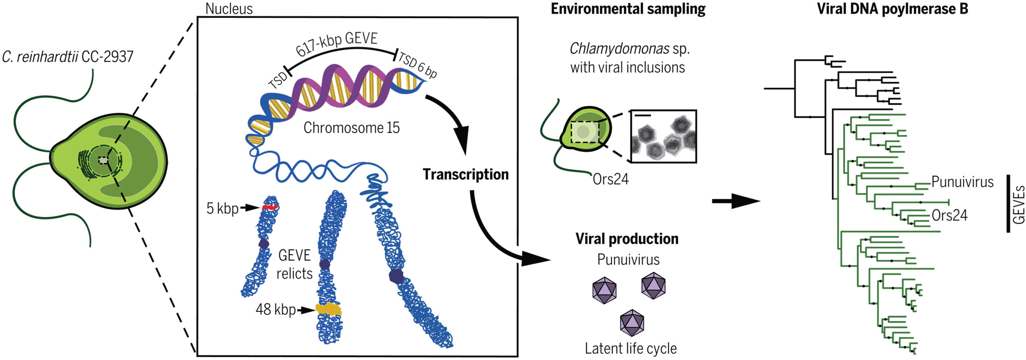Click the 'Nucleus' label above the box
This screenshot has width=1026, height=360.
coord(229,9)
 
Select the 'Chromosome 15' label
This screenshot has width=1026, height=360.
coord(351,128)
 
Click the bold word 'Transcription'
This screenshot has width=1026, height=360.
coord(466,174)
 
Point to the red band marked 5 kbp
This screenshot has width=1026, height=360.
coord(270,207)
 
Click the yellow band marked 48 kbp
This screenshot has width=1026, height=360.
coord(328,309)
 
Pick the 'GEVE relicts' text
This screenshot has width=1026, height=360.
coord(295,264)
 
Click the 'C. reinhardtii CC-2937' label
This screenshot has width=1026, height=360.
coord(67,57)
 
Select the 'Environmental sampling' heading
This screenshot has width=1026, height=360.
coord(628,9)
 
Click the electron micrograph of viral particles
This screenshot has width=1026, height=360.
coord(664,136)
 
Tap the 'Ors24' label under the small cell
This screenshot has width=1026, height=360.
coord(610,179)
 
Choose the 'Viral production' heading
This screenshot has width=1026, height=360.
coord(627,239)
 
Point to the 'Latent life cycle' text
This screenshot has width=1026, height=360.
coord(630,348)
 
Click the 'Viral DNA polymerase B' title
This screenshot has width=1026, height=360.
coord(893,9)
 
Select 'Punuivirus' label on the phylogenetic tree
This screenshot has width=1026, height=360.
coord(962,182)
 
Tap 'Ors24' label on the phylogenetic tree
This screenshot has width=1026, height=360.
coord(949,215)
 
